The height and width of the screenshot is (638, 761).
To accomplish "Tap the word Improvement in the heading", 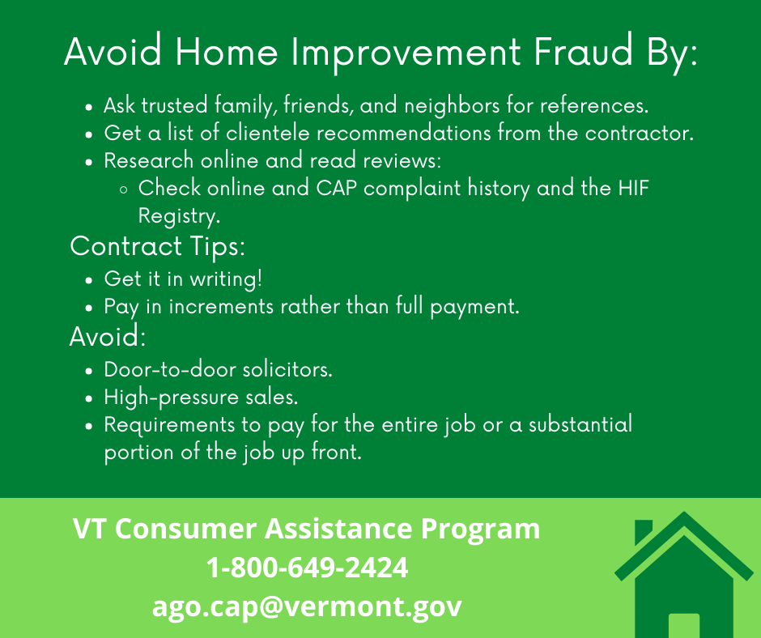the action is click(406, 53).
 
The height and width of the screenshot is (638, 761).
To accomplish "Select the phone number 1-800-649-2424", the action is click(307, 567).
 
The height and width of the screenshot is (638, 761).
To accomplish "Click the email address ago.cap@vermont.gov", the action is click(307, 607).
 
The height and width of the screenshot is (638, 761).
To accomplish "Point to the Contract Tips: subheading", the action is click(158, 247).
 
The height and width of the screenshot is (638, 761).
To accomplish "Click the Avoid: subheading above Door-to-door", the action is click(107, 336).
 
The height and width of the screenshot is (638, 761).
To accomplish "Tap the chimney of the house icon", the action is click(644, 532).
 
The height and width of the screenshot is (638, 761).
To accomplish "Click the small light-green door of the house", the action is click(684, 626).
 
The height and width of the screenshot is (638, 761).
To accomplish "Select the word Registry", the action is click(179, 216).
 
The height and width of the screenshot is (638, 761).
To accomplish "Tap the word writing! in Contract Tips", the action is click(226, 279).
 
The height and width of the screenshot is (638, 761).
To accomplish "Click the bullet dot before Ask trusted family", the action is click(88, 107).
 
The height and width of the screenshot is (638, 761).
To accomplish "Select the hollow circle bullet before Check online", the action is click(123, 189).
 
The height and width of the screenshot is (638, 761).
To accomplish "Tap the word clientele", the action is click(267, 133).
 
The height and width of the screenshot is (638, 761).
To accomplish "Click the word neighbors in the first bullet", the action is click(452, 106).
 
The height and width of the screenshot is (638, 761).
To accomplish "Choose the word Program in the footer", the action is click(480, 530).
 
